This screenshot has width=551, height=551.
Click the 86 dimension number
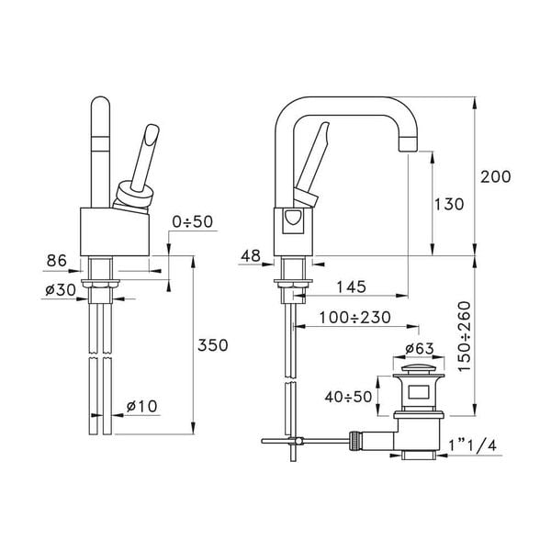tap(58, 262)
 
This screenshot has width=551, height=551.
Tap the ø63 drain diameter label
tap(420, 350)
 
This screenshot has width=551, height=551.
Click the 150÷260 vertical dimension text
tap(492, 336)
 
